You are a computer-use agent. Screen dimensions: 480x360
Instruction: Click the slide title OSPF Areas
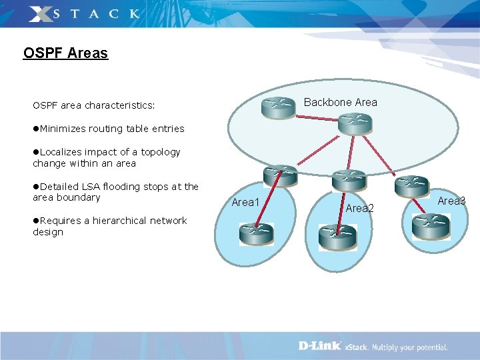coord(65,53)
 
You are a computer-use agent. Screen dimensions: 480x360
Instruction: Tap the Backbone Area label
coord(340,102)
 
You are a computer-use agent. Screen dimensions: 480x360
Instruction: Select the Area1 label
coord(245,202)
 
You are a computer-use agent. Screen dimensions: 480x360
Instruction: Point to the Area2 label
coord(359,209)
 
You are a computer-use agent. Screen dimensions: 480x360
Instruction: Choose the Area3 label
coord(451,201)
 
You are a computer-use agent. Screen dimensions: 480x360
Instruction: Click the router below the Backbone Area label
coord(354,124)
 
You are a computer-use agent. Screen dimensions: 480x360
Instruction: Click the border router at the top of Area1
coord(280,175)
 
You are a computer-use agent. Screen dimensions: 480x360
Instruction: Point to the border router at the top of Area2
coord(349,181)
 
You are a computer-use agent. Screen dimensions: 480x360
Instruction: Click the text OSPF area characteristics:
coord(94,105)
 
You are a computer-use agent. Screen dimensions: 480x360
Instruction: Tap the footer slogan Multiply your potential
coord(409,347)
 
